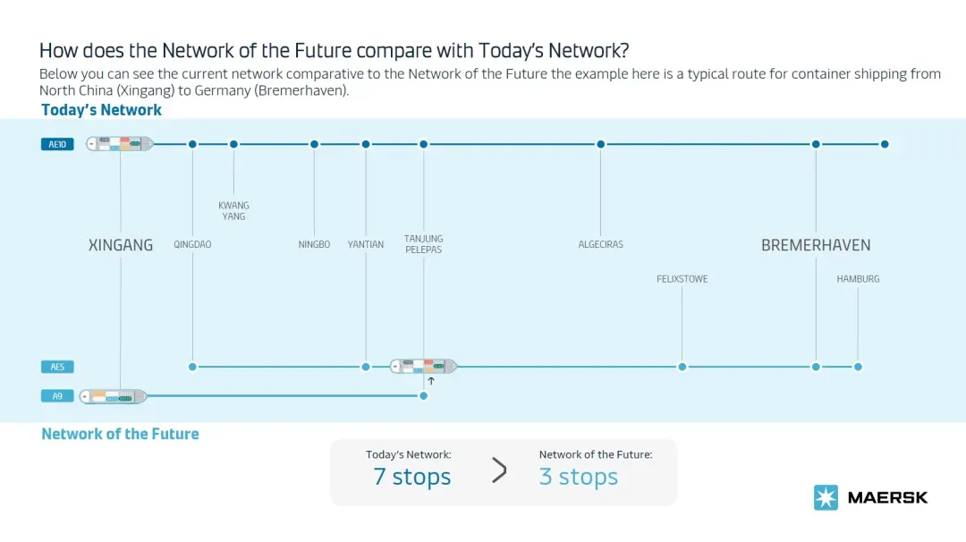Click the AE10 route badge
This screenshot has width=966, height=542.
57,144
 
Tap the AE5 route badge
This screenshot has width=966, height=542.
57,367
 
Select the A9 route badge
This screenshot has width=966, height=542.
57,396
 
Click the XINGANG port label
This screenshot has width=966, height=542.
121,245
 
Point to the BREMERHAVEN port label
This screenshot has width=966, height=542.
816,245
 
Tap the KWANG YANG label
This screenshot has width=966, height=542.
233,211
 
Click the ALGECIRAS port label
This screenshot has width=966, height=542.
601,244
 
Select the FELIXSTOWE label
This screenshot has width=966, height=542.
682,279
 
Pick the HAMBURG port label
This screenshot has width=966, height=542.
858,279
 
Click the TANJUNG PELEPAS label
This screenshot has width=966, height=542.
423,244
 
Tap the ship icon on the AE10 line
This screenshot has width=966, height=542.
120,144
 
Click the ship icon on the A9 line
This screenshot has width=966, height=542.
114,396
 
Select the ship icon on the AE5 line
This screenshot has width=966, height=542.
423,367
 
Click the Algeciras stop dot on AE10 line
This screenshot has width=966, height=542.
601,144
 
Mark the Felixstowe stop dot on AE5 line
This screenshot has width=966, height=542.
682,367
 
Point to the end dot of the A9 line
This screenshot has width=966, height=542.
423,395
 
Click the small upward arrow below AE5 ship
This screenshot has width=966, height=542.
431,381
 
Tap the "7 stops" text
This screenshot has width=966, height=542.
412,477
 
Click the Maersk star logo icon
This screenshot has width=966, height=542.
826,497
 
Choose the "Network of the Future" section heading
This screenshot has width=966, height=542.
120,434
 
